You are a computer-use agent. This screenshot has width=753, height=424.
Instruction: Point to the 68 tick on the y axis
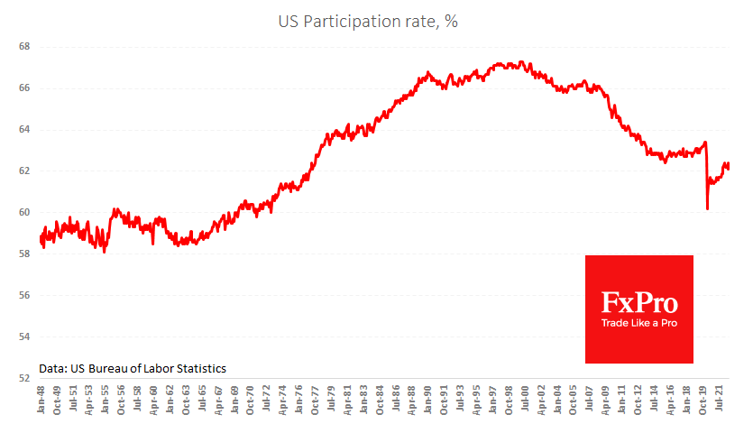pyautogui.click(x=24, y=47)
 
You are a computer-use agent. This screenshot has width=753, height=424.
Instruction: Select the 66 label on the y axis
pyautogui.click(x=24, y=88)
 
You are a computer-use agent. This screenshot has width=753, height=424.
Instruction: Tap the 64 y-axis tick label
pyautogui.click(x=24, y=130)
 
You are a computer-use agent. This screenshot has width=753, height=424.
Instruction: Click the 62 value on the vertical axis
pyautogui.click(x=24, y=171)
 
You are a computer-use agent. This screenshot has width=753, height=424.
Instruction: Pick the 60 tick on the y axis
pyautogui.click(x=24, y=213)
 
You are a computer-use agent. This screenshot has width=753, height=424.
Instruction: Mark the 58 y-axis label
pyautogui.click(x=24, y=254)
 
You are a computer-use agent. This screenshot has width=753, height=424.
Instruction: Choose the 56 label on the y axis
pyautogui.click(x=24, y=296)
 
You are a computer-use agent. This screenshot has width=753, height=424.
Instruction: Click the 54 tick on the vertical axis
pyautogui.click(x=24, y=337)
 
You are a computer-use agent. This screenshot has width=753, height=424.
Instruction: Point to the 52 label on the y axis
pyautogui.click(x=24, y=379)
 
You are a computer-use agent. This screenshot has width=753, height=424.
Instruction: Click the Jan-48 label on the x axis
pyautogui.click(x=42, y=402)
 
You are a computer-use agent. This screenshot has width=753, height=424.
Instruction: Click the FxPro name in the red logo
pyautogui.click(x=639, y=301)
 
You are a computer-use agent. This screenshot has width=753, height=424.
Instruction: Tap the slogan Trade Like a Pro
pyautogui.click(x=639, y=323)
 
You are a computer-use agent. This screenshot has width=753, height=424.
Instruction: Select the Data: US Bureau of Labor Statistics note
pyautogui.click(x=133, y=368)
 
